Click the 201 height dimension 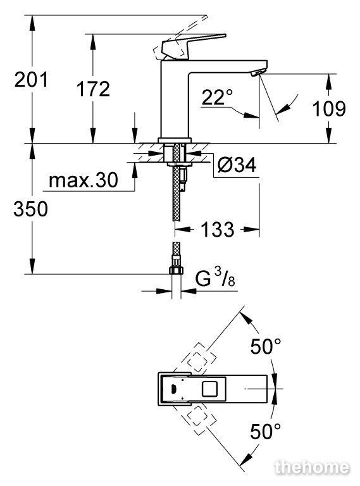tap(31, 79)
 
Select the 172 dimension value tap(93, 89)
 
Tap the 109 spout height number tap(329, 108)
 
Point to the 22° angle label tap(217, 96)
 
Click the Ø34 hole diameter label tap(237, 165)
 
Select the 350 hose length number tap(30, 208)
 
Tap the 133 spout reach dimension tap(218, 229)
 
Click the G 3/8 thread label tap(215, 277)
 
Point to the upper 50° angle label tap(266, 346)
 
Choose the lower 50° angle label tap(265, 431)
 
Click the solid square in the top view tap(209, 389)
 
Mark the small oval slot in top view tap(173, 389)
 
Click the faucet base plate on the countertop tap(174, 140)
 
